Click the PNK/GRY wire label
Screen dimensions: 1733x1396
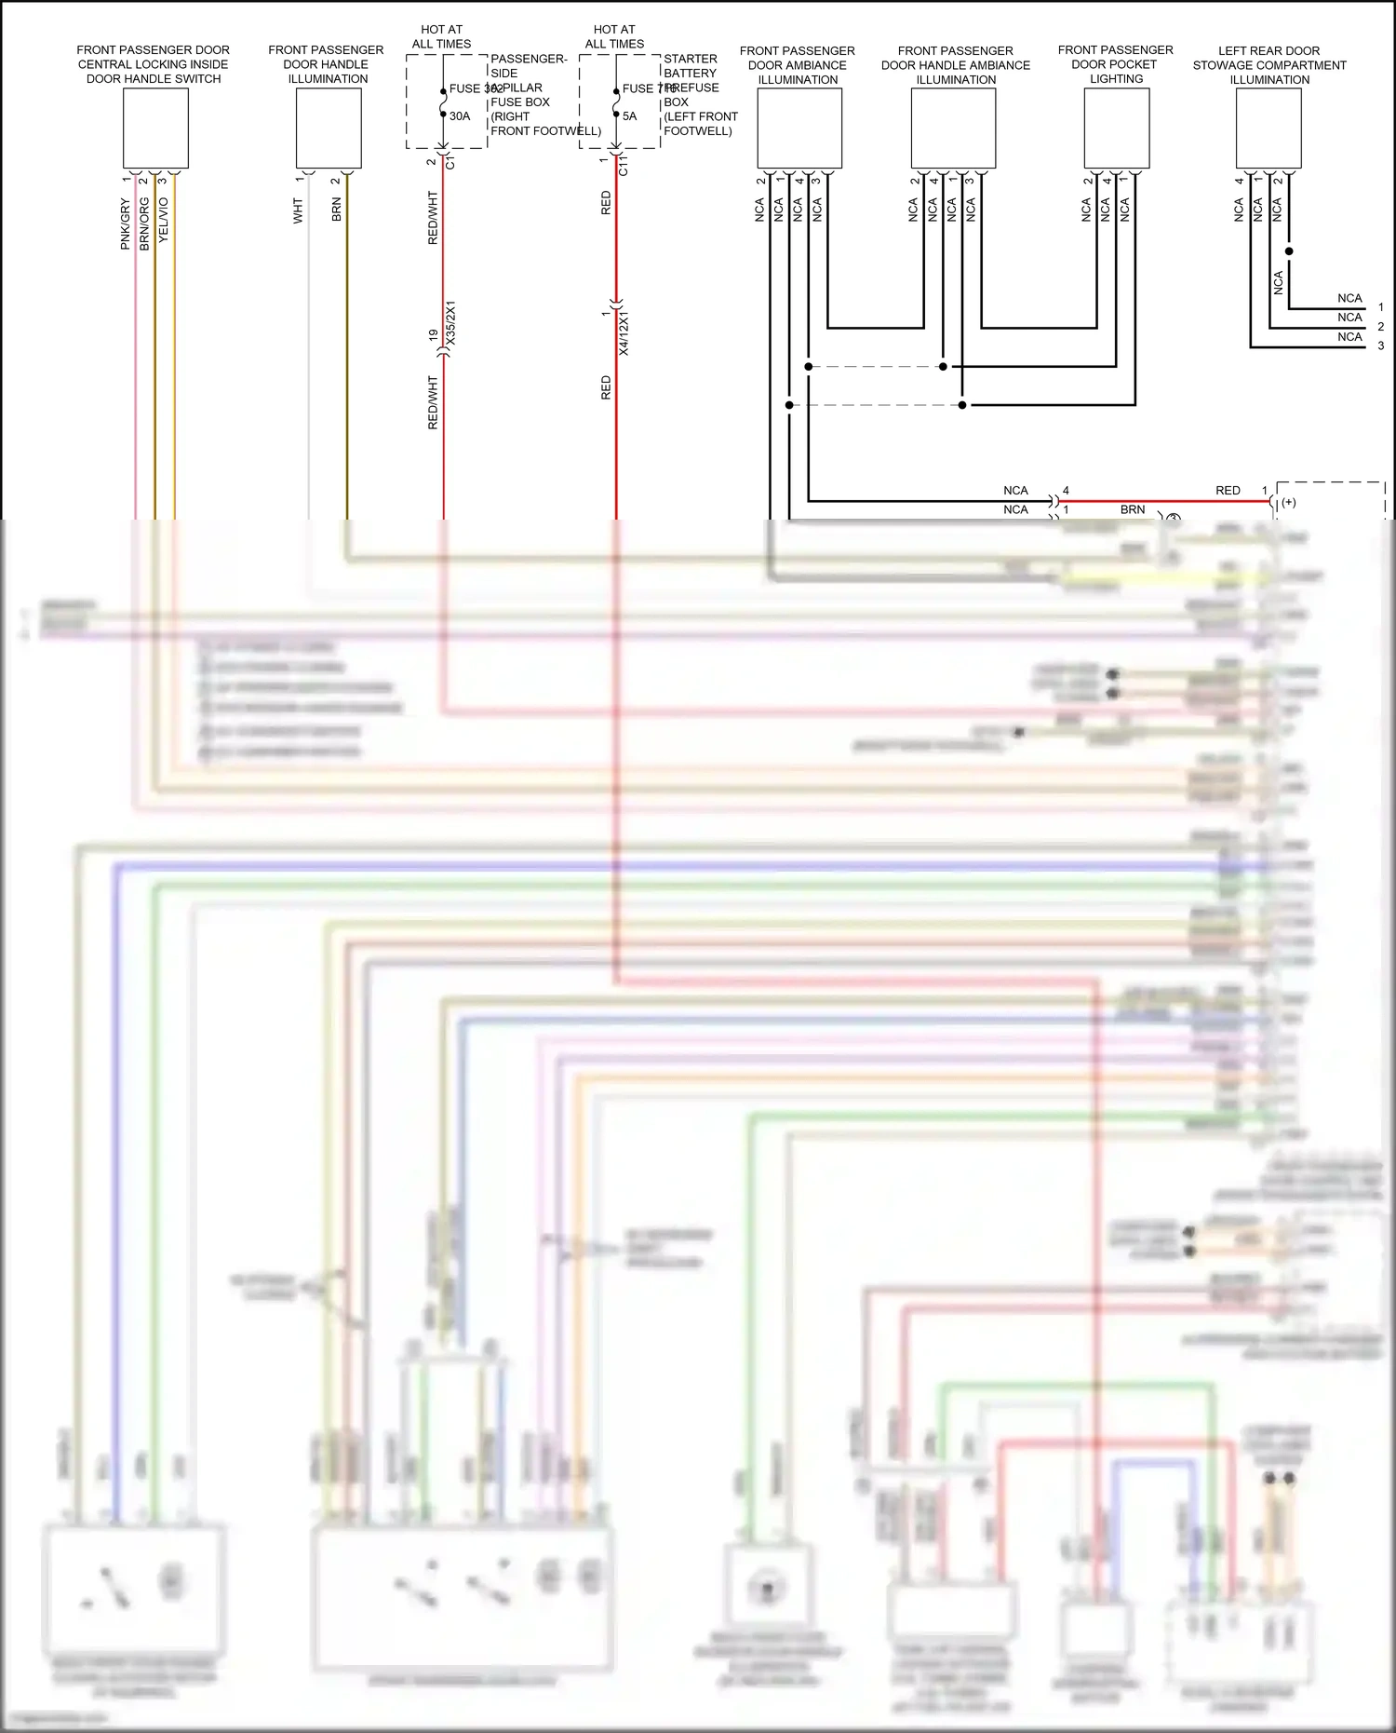coord(125,223)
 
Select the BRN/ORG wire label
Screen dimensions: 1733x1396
coord(144,223)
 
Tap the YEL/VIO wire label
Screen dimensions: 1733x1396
coord(164,220)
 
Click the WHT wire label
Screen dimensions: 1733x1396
coord(298,210)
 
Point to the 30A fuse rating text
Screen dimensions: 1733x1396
coord(460,116)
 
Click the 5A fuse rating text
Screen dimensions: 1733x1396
coord(630,116)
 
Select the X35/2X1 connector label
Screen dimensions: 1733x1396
coord(451,323)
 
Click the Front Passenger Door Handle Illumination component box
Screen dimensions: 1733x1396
coord(329,129)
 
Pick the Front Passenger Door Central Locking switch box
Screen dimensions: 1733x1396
coord(155,129)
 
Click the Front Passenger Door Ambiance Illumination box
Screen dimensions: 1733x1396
coord(799,129)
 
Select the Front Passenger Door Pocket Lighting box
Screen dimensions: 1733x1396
coord(1117,129)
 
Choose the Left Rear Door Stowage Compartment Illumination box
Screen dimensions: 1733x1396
coord(1268,129)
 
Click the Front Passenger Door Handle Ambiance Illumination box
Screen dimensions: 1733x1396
coord(953,129)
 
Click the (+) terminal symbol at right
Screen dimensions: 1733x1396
coord(1289,503)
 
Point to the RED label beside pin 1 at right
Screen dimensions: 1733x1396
coord(1228,490)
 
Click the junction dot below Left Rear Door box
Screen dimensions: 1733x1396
coord(1289,251)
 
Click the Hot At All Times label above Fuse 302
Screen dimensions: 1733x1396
coord(441,36)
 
